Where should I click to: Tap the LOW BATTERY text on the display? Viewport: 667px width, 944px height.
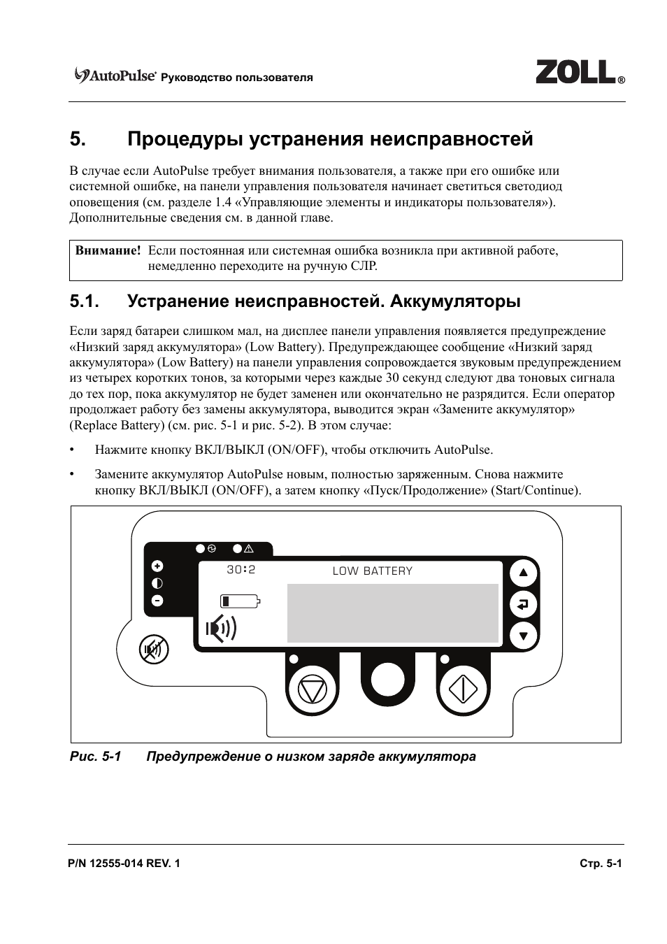pos(372,571)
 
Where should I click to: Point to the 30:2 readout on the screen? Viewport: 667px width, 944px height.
pos(241,570)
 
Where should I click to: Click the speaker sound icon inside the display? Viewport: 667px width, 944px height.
pos(221,629)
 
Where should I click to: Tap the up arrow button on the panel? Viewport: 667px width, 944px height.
pos(523,574)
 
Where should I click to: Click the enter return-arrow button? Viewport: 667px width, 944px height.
pos(523,605)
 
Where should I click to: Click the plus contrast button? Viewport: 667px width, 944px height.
pos(157,566)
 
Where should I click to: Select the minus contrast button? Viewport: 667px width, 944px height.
pos(157,600)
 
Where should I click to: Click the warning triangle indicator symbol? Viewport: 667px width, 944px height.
pos(248,549)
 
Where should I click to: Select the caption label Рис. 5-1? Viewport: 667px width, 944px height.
pos(95,757)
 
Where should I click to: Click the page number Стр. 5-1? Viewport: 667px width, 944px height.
pos(601,864)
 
